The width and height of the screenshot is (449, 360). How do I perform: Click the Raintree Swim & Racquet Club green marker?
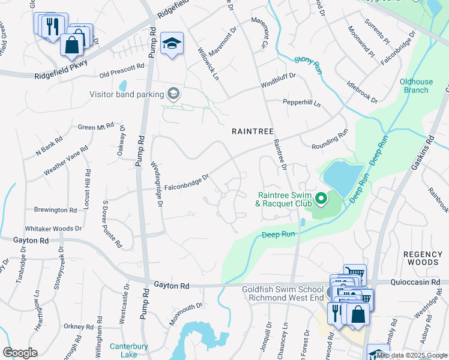321,197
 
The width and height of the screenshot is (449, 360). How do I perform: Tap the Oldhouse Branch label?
414,86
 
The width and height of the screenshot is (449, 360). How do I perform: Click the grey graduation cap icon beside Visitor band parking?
173,93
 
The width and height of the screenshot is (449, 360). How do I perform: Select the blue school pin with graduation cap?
172,44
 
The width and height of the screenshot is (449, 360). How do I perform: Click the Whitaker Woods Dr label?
53,229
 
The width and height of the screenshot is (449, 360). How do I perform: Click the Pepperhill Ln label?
302,103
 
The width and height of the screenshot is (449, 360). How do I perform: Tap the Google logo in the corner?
20,352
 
